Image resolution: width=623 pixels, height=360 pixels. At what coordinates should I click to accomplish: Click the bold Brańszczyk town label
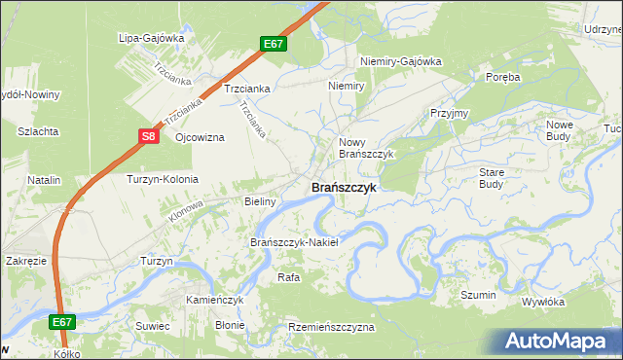(342, 188)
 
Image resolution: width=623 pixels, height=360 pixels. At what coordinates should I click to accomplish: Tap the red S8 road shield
(148, 137)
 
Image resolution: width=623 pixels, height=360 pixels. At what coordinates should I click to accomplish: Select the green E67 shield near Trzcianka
(274, 44)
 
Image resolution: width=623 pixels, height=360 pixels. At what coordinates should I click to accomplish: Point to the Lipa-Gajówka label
(151, 39)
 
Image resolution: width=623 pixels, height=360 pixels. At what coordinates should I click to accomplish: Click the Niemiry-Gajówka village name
(401, 61)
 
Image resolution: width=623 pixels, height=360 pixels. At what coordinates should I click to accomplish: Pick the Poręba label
(503, 77)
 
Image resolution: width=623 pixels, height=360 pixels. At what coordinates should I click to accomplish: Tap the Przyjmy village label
(450, 113)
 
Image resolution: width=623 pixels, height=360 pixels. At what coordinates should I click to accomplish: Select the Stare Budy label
(492, 177)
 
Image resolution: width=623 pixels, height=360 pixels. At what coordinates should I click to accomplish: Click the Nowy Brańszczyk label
(365, 148)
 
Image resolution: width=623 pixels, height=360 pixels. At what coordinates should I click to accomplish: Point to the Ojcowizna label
(200, 137)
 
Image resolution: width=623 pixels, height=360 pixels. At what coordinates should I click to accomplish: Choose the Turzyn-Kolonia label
(163, 179)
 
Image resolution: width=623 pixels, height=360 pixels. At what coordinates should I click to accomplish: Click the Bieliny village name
(260, 201)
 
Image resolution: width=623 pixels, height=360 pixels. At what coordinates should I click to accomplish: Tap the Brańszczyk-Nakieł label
(294, 242)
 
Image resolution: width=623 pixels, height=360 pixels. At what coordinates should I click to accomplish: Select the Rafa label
(288, 277)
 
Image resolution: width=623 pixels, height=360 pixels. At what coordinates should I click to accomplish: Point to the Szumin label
(479, 295)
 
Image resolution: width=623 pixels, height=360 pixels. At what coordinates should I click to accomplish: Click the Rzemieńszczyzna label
(331, 328)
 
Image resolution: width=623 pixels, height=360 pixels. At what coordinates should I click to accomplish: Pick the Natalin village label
(44, 180)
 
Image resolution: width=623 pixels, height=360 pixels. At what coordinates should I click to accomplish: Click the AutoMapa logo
(557, 342)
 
